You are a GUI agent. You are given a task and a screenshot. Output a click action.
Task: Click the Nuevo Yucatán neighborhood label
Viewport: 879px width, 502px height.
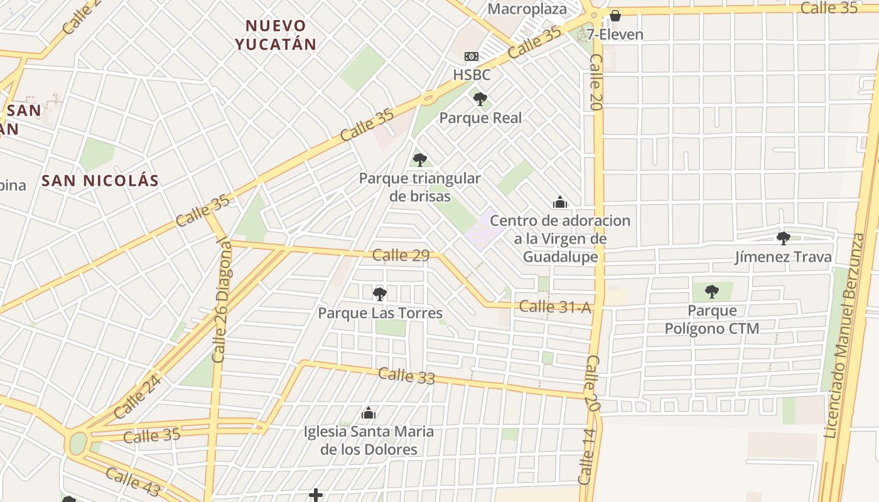tap(276, 35)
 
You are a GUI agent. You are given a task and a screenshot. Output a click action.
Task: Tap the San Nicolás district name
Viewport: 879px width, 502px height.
tap(100, 181)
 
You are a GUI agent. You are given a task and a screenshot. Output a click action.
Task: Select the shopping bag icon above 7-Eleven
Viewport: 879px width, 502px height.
tap(615, 16)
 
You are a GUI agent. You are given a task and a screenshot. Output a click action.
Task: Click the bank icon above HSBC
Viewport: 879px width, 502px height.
tap(472, 56)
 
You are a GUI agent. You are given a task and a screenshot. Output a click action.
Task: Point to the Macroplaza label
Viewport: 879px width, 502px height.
tap(527, 9)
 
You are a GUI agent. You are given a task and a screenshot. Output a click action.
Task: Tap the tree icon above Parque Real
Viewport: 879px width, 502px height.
tap(480, 99)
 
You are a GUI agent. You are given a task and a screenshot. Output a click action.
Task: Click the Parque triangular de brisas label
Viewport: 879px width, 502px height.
tap(420, 187)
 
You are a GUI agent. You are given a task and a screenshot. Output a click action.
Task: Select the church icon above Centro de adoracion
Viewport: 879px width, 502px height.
tap(560, 202)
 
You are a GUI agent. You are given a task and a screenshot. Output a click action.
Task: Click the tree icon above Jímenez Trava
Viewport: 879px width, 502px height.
tap(783, 238)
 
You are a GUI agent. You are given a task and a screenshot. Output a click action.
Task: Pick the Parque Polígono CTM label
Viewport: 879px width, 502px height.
tap(712, 319)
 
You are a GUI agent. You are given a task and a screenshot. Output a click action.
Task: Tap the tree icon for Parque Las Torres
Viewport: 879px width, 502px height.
tap(380, 294)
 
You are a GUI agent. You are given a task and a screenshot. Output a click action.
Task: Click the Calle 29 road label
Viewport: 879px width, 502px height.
tap(401, 255)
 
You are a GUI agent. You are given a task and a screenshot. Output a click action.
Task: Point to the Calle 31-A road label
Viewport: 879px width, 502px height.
tap(556, 307)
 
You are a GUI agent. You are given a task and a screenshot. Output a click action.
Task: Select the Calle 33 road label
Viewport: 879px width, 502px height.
tap(406, 375)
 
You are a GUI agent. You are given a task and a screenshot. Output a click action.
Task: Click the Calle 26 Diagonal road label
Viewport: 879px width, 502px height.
tap(222, 300)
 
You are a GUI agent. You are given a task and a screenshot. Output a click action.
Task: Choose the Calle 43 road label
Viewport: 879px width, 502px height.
tap(132, 481)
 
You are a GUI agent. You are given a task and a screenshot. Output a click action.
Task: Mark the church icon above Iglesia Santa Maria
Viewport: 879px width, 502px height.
tap(369, 413)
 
